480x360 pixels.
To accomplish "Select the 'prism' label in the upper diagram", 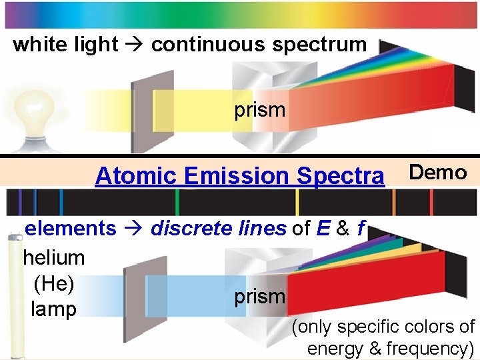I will point(260,110).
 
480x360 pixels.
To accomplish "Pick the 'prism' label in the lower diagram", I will point(260,297).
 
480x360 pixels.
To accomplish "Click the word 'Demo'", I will point(437,173).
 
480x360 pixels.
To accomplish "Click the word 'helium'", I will point(54,257).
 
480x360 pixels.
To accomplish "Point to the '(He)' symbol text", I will point(54,283).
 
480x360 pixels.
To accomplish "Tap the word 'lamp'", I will point(54,309).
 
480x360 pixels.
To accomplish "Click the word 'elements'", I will point(70,229).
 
